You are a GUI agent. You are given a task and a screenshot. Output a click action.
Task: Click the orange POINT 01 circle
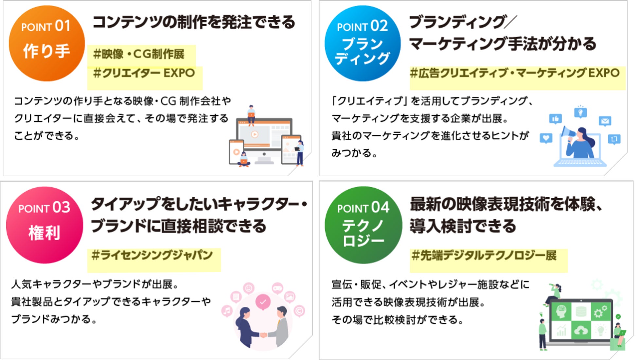pyautogui.click(x=46, y=43)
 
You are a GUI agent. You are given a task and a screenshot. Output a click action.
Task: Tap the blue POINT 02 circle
pyautogui.click(x=362, y=43)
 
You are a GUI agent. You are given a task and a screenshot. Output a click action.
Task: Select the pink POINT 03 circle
pyautogui.click(x=44, y=225)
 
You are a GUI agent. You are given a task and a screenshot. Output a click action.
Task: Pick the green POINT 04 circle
pyautogui.click(x=363, y=225)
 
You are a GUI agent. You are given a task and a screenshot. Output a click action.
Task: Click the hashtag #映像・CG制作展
pyautogui.click(x=139, y=54)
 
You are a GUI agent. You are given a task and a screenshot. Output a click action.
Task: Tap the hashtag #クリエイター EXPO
pyautogui.click(x=144, y=73)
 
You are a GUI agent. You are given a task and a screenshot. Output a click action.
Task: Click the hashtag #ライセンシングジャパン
pyautogui.click(x=152, y=255)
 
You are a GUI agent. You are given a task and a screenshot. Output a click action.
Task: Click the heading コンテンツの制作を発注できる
pyautogui.click(x=194, y=22)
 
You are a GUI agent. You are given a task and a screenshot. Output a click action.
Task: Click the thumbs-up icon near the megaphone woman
pyautogui.click(x=555, y=119)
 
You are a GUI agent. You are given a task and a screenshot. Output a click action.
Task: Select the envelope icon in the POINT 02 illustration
pyautogui.click(x=605, y=121)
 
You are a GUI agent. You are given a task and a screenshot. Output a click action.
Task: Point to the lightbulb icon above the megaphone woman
pyautogui.click(x=580, y=112)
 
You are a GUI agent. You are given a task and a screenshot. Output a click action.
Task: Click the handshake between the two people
pyautogui.click(x=263, y=335)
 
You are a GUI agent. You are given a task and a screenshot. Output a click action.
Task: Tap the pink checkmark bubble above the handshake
pyautogui.click(x=263, y=301)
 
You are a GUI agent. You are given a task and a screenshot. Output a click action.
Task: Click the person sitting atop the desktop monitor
pyautogui.click(x=251, y=114)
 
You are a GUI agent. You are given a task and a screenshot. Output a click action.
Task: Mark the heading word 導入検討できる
pyautogui.click(x=463, y=226)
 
